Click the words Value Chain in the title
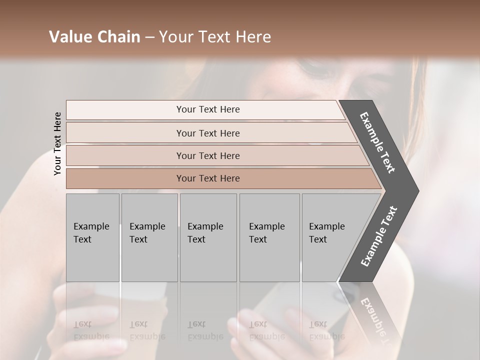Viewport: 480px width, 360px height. [94, 37]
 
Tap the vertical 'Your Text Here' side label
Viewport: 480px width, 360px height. [57, 144]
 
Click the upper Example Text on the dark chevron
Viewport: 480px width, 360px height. [377, 142]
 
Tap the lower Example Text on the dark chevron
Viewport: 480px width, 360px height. [378, 236]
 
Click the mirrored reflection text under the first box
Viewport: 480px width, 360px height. [91, 330]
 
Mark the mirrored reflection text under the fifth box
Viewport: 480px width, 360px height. [326, 330]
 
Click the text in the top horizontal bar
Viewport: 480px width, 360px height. [208, 109]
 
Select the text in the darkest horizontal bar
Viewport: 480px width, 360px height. [208, 178]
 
